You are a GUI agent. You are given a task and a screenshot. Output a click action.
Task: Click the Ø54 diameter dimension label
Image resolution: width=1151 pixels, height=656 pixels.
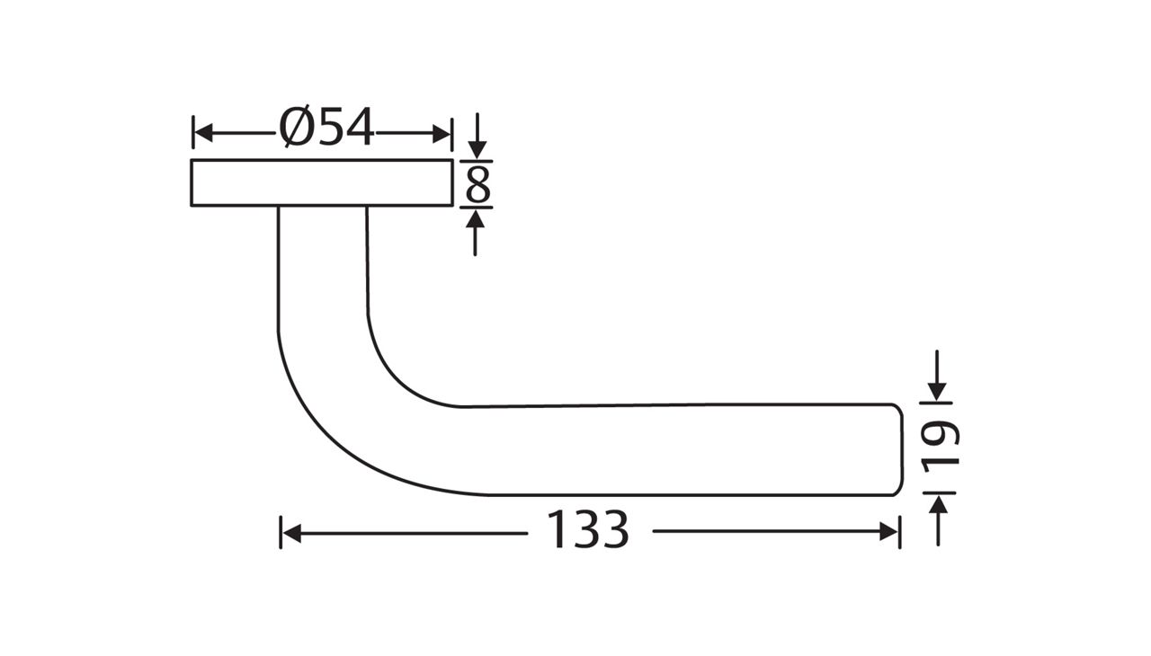point(326,129)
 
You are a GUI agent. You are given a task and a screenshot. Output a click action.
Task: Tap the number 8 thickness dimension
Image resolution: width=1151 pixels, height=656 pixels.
point(477,185)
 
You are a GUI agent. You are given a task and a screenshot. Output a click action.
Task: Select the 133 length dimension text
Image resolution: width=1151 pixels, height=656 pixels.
point(588,531)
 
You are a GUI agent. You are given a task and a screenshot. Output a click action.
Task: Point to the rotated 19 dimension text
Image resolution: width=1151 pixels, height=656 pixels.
point(941,446)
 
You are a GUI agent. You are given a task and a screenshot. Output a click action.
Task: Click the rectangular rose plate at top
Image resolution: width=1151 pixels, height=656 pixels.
point(321,182)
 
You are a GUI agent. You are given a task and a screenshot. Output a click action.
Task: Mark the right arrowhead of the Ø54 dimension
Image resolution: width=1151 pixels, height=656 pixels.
point(442,134)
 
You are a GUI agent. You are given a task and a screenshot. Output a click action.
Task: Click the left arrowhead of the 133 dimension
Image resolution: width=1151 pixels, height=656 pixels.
point(291,533)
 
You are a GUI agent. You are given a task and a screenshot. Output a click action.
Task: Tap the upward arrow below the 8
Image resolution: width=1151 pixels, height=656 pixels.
point(477,219)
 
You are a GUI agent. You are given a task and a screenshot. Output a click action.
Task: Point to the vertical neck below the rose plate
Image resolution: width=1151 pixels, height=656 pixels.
point(323,261)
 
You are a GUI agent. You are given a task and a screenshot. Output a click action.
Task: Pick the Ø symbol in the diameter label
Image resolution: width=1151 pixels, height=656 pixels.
point(298,129)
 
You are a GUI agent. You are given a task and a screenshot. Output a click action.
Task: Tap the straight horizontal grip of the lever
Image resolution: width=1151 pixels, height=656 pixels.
point(674,449)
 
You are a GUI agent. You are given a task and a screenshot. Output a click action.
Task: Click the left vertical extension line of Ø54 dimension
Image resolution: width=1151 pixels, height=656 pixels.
point(193,132)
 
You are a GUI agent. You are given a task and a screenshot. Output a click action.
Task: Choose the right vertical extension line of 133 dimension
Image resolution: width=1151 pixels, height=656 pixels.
point(899,532)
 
